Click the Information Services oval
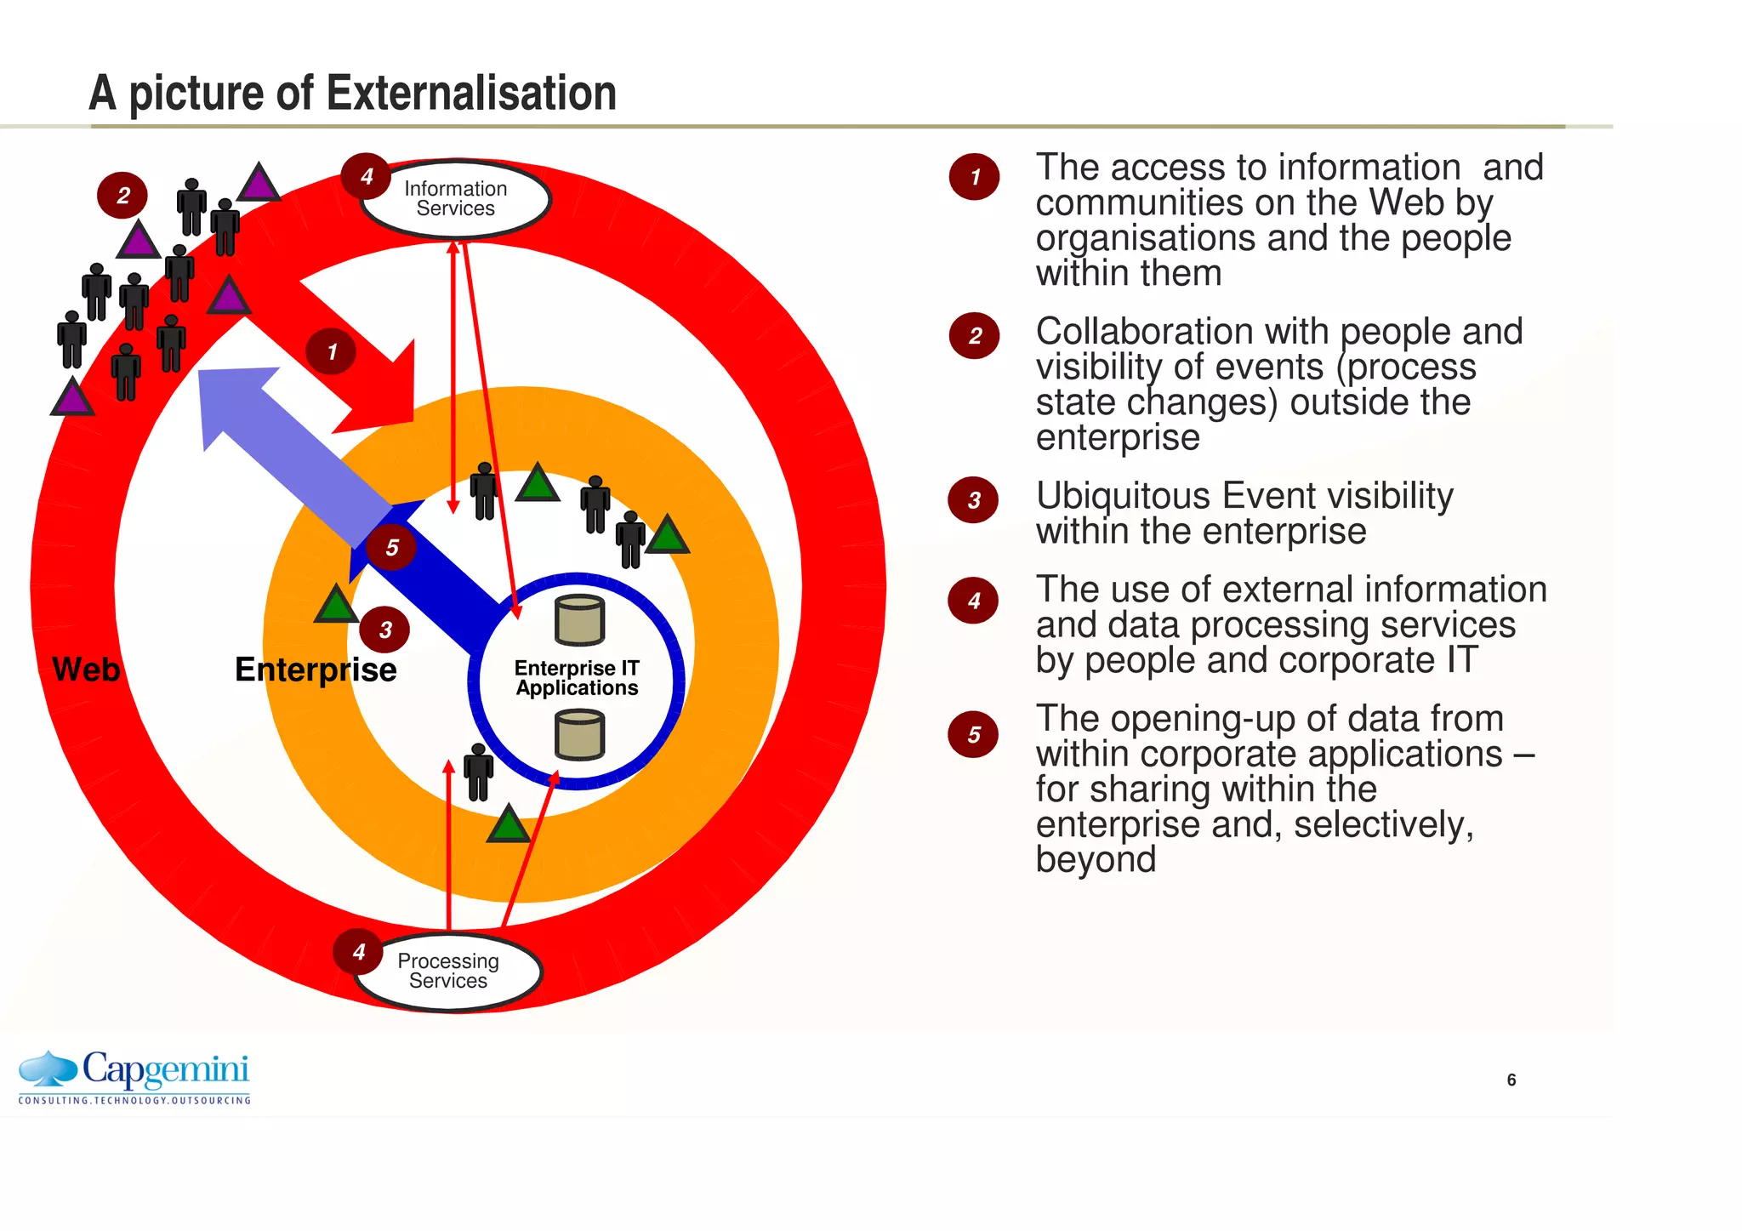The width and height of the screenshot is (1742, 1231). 456,199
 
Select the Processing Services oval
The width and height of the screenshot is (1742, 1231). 448,971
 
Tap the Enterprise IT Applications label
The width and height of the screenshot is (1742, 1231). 577,678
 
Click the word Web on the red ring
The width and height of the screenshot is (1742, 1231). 86,670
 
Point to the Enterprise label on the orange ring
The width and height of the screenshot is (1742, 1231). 316,670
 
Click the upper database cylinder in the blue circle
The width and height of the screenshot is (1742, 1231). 579,619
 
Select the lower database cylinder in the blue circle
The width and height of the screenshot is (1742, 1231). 579,735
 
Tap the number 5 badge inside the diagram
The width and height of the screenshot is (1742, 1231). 391,547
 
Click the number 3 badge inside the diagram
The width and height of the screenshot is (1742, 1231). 385,630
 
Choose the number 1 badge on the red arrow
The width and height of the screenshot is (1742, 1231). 332,351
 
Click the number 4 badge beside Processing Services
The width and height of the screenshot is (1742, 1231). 358,952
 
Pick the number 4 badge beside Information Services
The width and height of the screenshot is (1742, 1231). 367,176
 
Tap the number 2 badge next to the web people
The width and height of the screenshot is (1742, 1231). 123,196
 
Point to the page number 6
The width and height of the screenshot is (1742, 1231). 1511,1080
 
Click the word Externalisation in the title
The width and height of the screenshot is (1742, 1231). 471,93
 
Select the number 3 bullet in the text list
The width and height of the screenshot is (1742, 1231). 974,500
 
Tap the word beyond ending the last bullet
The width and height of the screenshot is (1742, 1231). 1096,859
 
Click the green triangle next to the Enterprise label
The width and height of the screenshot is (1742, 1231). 336,605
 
